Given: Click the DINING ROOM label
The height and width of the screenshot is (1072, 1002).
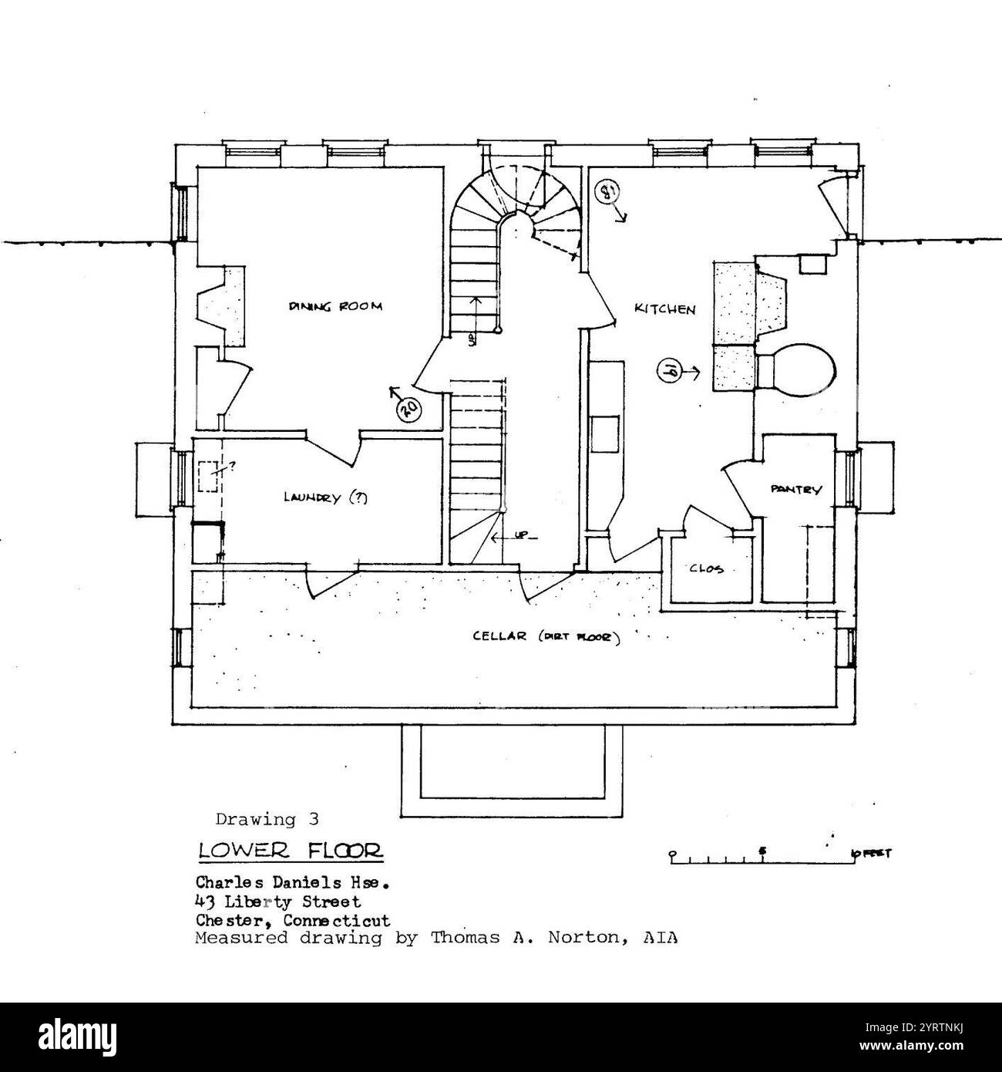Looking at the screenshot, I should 335,306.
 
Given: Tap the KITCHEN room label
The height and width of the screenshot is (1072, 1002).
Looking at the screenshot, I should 664,309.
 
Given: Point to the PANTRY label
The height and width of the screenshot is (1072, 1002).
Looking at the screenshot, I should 796,489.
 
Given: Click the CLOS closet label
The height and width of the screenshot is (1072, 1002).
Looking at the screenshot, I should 711,569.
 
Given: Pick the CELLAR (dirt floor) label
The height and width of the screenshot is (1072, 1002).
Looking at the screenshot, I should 546,637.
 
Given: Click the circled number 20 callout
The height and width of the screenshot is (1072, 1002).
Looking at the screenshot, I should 409,410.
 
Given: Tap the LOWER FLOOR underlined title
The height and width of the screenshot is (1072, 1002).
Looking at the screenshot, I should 290,851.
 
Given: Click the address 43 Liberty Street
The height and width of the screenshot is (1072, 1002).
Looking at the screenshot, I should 277,900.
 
